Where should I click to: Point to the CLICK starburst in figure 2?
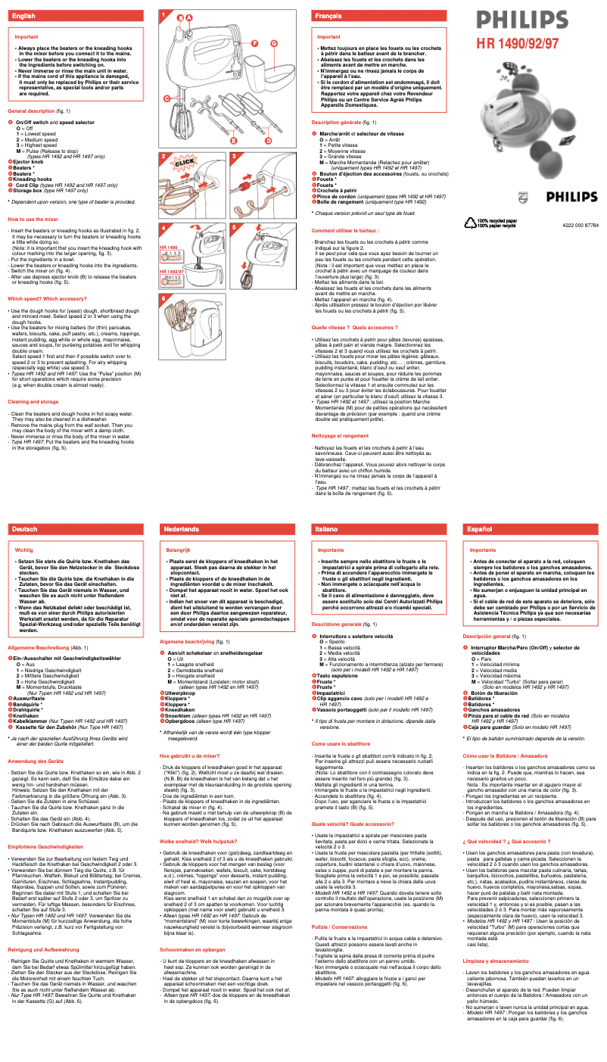185,163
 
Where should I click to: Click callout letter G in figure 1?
274,43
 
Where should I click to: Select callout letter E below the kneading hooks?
235,142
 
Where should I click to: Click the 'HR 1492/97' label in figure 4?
172,270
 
